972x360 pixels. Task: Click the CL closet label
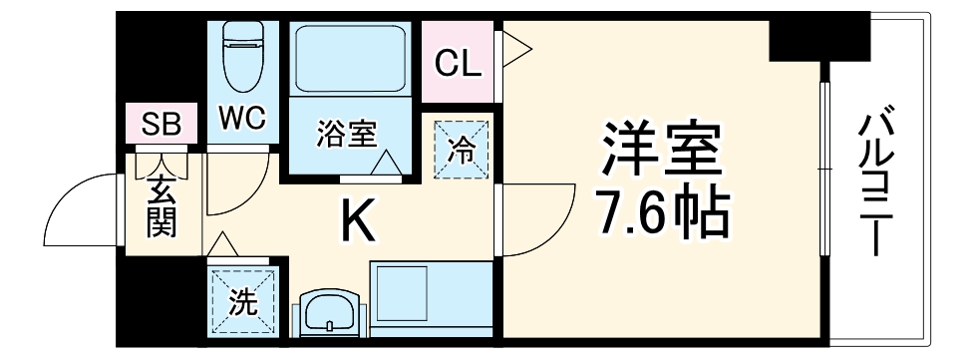(x=459, y=64)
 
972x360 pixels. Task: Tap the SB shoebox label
(x=160, y=125)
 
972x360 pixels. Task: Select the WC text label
(x=241, y=120)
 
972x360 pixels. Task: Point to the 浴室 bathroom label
(x=346, y=133)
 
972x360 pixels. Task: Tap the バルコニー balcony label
(x=878, y=184)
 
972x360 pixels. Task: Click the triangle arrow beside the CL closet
(x=516, y=43)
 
